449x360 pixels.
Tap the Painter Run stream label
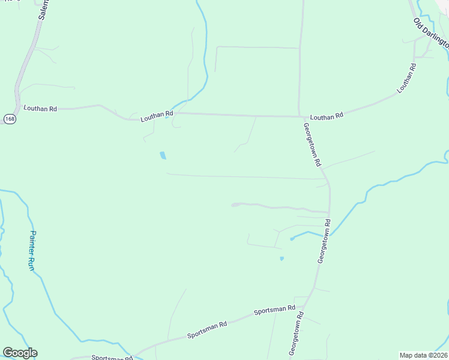pos(33,250)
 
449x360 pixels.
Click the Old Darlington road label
pos(431,33)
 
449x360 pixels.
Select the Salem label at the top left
pos(42,10)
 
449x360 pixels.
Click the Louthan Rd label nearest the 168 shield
pos(40,109)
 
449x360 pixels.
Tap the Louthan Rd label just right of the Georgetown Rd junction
pos(327,116)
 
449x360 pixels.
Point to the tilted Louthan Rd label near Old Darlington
pos(406,78)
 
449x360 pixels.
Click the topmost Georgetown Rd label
pos(312,145)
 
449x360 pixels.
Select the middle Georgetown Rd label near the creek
pos(324,241)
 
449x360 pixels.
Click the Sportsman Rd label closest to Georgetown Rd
pos(274,310)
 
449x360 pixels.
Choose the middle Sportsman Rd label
pos(206,329)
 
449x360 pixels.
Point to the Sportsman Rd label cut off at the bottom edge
pos(111,358)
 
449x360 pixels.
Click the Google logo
pos(20,353)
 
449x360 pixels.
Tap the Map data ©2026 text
pos(423,355)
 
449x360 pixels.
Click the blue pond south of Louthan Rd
pos(163,156)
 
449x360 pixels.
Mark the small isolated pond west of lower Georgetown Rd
pos(282,259)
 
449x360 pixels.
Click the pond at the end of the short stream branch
pos(292,239)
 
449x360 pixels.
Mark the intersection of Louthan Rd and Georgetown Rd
pos(300,116)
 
